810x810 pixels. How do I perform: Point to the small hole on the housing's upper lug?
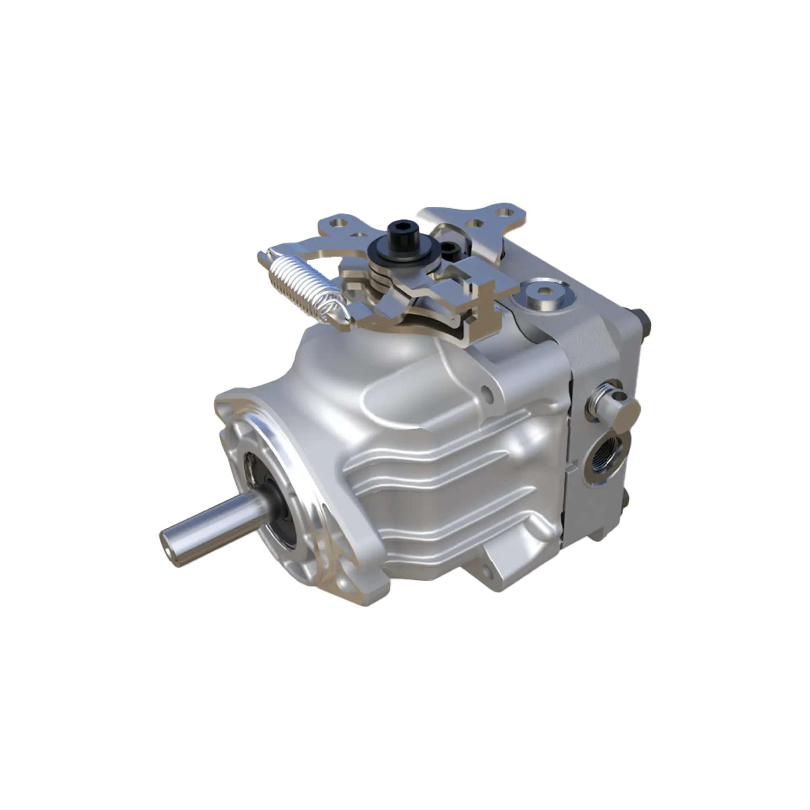tap(489, 392)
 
